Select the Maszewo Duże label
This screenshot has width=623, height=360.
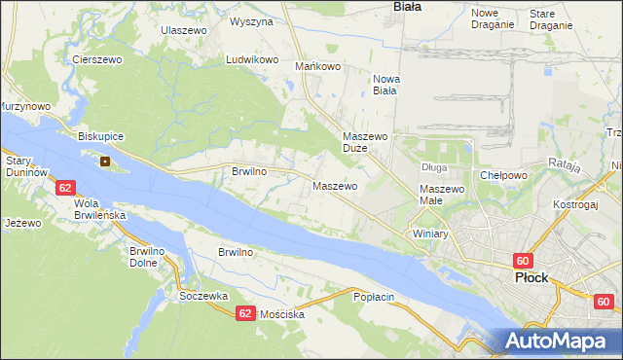[366, 143]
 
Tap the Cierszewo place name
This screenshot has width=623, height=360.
[95, 59]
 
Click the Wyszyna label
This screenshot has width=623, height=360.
[251, 20]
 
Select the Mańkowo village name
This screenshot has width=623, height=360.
[317, 67]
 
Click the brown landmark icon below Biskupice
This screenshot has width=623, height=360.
[104, 162]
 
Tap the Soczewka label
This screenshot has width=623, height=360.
[203, 296]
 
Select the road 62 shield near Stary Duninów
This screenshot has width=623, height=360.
[64, 186]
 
